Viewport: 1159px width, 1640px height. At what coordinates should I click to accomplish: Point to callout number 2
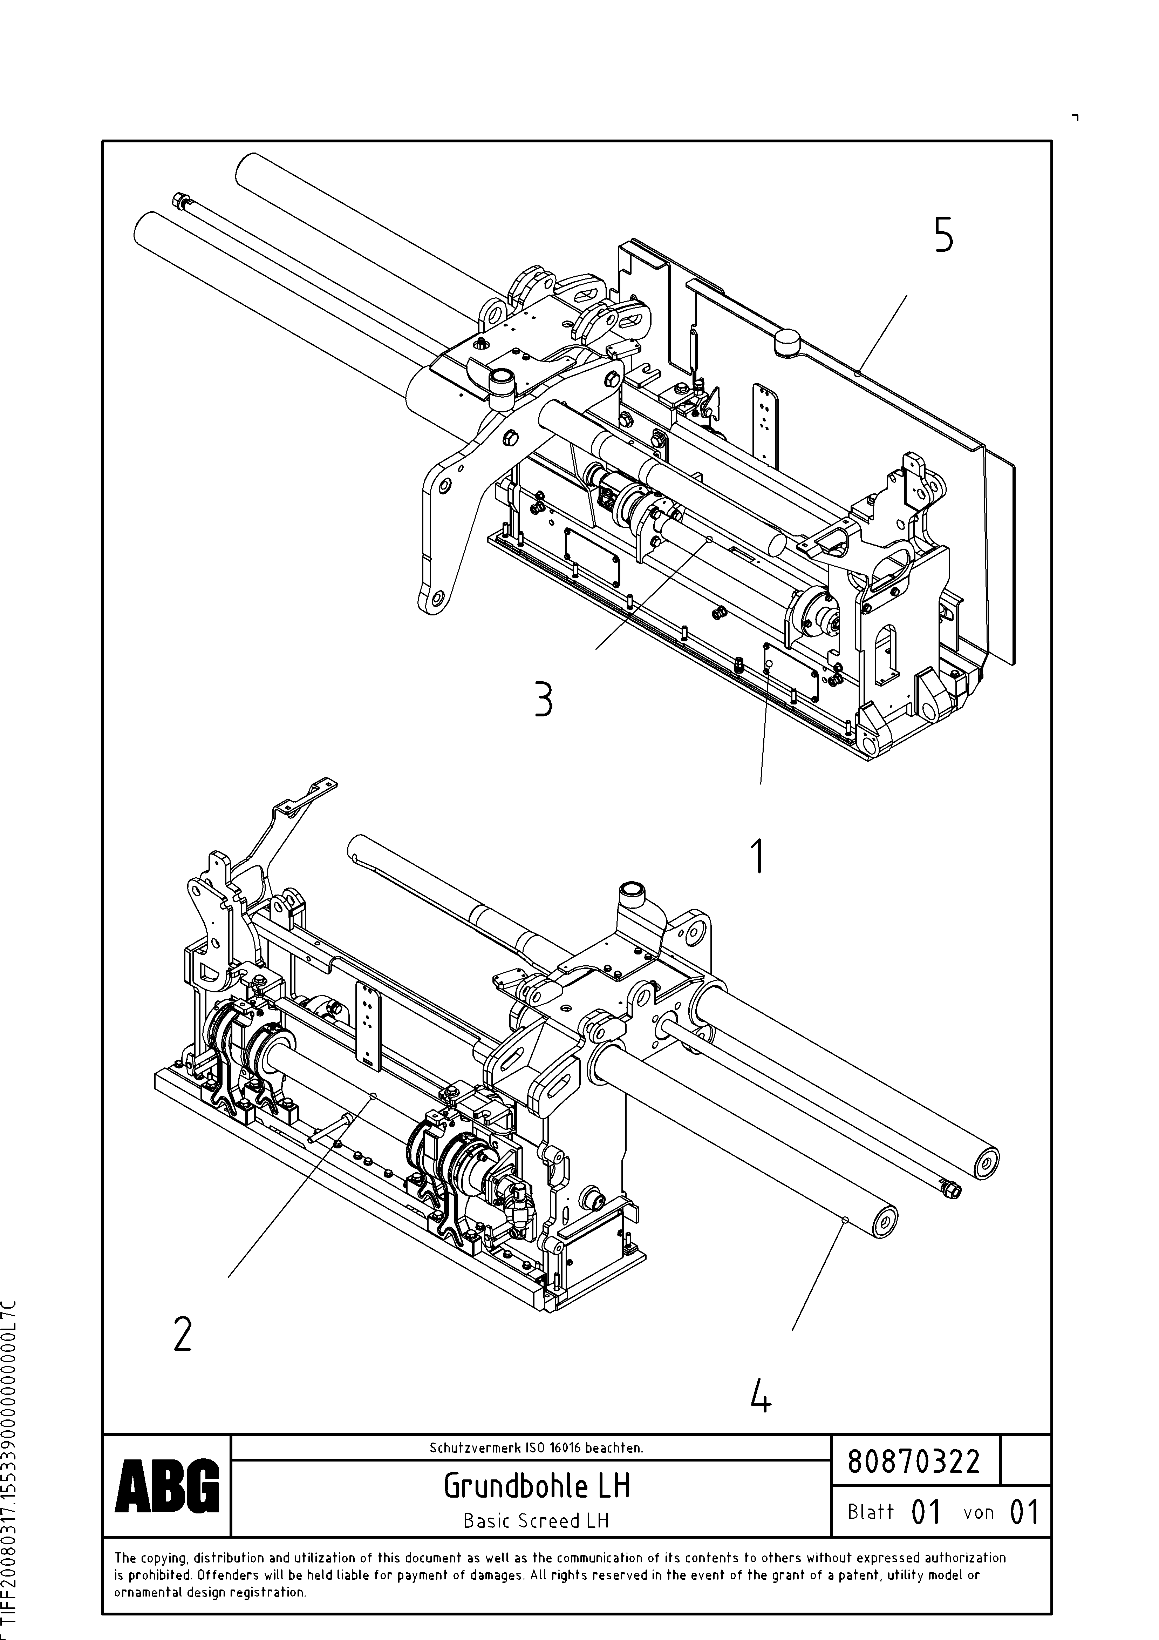183,1334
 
